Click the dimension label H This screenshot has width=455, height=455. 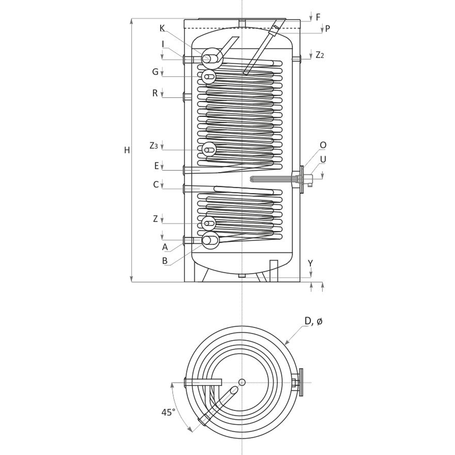[x=127, y=151]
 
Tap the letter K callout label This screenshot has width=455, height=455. [x=162, y=28]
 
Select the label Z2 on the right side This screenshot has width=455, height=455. [x=320, y=55]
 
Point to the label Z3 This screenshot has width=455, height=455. [x=153, y=145]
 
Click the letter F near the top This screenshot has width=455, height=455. [x=318, y=17]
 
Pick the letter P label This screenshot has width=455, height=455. [x=328, y=29]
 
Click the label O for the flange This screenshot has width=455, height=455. [x=323, y=145]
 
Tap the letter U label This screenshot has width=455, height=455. [x=323, y=159]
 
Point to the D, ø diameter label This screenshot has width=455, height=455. [x=313, y=322]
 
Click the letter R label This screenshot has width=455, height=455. [x=155, y=93]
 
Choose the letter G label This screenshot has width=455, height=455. [x=155, y=72]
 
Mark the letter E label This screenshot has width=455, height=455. [x=156, y=166]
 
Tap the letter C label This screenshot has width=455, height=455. [x=155, y=185]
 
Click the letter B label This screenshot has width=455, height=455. [x=165, y=260]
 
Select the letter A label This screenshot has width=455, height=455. [x=165, y=247]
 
